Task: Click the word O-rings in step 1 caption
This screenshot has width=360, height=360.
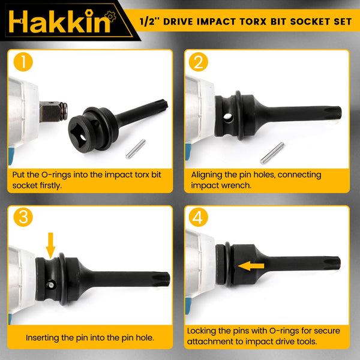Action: (53, 175)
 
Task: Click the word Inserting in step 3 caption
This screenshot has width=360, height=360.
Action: (45, 337)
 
